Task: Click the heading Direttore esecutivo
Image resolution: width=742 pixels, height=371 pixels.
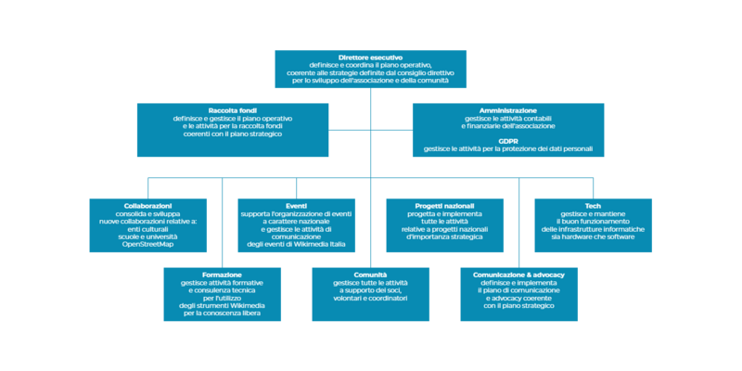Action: [370, 57]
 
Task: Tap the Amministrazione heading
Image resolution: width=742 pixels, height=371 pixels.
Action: [507, 110]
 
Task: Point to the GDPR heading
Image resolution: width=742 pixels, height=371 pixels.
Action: [507, 140]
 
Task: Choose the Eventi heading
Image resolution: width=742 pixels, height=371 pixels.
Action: [296, 204]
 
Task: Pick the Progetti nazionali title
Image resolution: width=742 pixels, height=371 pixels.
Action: [444, 204]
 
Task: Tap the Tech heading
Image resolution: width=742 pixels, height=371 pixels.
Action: [594, 204]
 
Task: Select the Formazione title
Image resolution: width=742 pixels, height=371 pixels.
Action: [222, 274]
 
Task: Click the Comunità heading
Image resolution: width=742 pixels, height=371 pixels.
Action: [370, 274]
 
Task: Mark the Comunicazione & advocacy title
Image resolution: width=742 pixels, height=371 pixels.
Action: [518, 274]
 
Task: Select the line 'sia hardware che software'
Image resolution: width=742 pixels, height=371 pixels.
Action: [594, 237]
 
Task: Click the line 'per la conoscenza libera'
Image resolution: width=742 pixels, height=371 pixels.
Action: [222, 313]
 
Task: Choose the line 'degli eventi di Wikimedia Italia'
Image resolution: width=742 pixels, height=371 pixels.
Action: [296, 244]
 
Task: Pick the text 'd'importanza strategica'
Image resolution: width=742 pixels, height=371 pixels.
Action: [444, 237]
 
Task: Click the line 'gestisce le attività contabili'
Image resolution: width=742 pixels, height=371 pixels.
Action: [507, 119]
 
